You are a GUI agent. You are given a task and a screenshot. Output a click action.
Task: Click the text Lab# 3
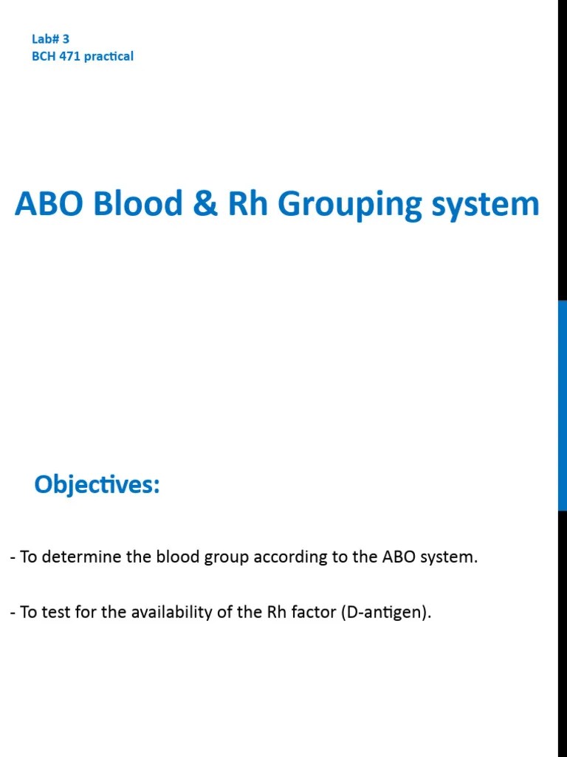click(x=50, y=40)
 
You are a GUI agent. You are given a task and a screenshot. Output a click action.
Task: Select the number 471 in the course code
click(x=69, y=56)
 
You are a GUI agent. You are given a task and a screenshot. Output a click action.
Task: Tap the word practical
click(x=109, y=56)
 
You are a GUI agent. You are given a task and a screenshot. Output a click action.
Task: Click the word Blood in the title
click(x=138, y=204)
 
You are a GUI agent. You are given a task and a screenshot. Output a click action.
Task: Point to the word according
click(x=284, y=557)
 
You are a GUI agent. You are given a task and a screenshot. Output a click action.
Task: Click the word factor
click(x=314, y=612)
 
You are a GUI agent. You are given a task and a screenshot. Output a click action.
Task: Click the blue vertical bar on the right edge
click(x=562, y=405)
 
